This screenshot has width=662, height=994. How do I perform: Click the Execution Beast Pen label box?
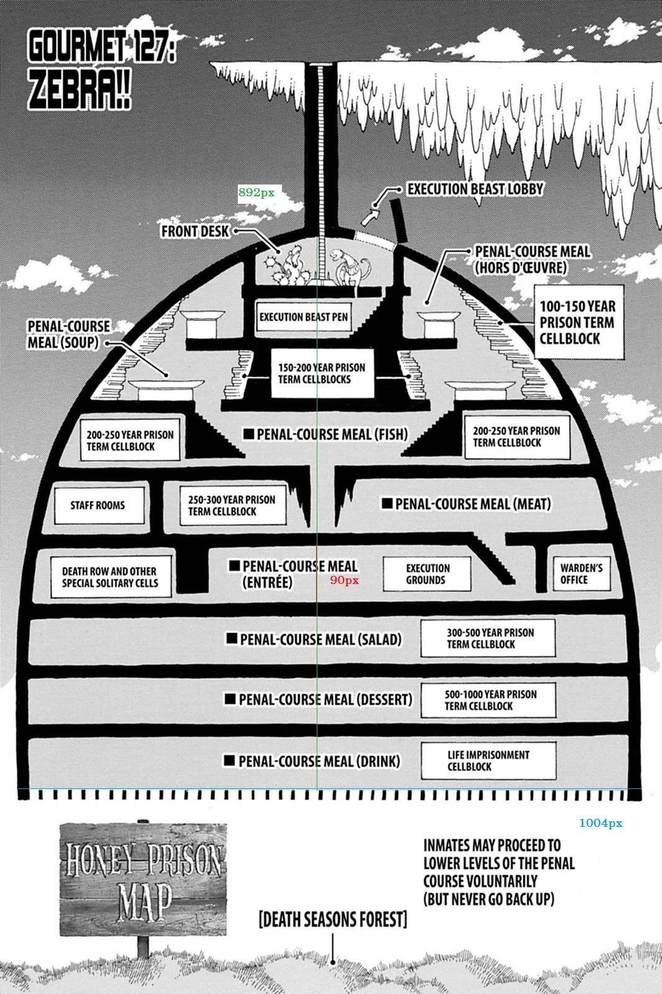coord(303,317)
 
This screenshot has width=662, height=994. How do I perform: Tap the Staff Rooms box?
coord(98,505)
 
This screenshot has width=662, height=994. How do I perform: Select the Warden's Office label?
coord(581,573)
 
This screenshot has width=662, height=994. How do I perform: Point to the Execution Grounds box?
coord(427,573)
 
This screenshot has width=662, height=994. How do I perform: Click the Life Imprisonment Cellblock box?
coord(488,760)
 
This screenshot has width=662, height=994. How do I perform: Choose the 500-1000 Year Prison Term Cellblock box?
coord(488,700)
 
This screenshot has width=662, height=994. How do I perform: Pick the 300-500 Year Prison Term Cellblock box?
coord(488,638)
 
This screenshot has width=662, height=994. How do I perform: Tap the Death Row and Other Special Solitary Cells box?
coord(111,577)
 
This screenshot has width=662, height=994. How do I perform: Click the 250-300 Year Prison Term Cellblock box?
coord(232,505)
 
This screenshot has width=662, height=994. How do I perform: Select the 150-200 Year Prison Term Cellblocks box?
coord(322,373)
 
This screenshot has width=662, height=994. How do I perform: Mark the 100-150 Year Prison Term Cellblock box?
coord(578,322)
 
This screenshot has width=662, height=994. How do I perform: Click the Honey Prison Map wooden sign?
coord(143,880)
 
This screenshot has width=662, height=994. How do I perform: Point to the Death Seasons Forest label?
coord(333,919)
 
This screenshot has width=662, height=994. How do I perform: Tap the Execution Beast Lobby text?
coord(475,189)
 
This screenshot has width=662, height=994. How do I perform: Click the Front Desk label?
coord(195,231)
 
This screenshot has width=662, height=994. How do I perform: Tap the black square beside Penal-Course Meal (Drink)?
coord(229,760)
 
